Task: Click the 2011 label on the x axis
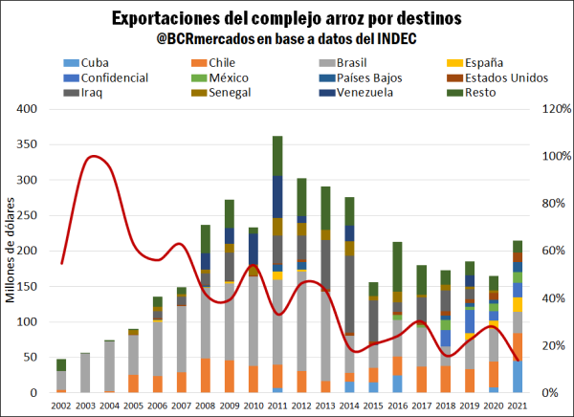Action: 277,405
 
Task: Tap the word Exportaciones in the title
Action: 170,18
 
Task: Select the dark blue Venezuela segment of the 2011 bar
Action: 277,196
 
